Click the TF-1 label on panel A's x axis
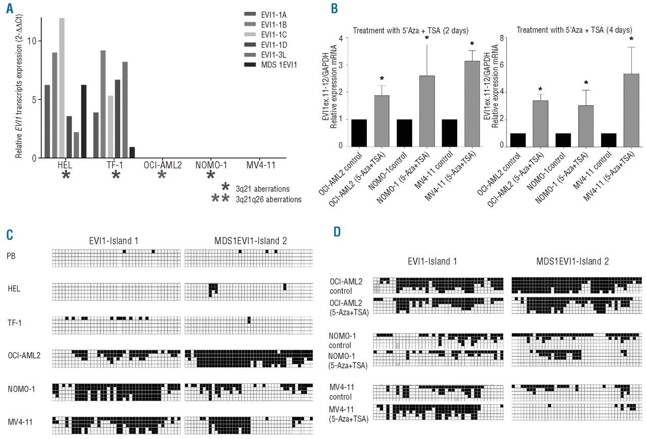point(116,164)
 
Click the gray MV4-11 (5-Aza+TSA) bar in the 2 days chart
point(472,103)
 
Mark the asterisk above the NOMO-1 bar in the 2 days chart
point(427,38)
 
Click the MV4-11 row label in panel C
point(19,419)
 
